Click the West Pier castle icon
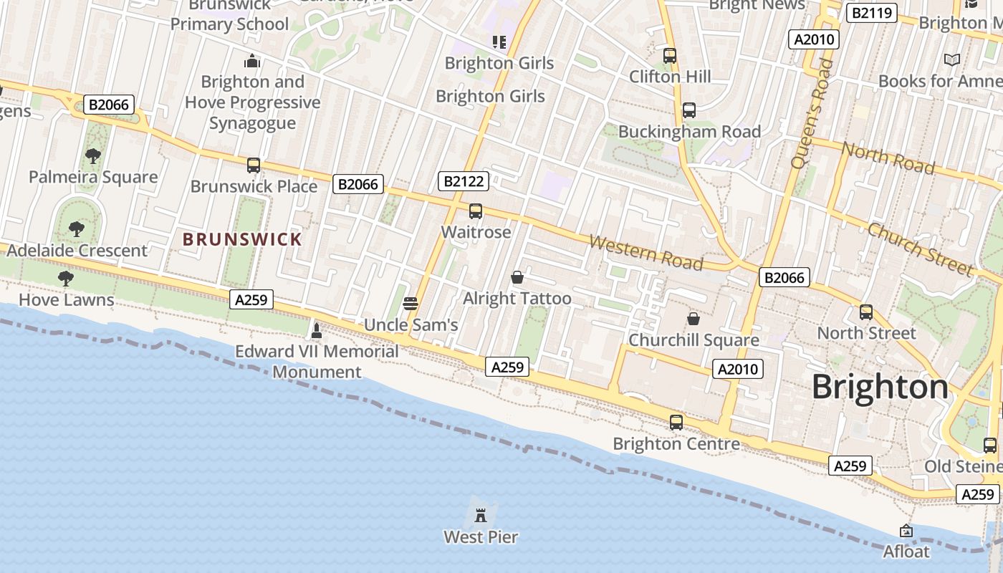click(481, 514)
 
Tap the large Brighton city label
click(880, 387)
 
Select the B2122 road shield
click(464, 181)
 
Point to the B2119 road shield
click(871, 12)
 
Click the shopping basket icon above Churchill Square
click(693, 318)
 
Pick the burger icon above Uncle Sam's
click(411, 303)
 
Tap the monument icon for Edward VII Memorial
click(317, 330)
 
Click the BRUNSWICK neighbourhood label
click(243, 239)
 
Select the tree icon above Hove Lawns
click(66, 278)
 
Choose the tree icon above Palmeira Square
click(92, 155)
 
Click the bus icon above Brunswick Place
click(254, 165)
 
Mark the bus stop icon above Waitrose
click(476, 211)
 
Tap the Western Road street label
click(646, 252)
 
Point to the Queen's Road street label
click(812, 114)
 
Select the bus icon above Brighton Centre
click(676, 423)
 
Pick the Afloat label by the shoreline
click(906, 552)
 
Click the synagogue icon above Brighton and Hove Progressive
click(251, 61)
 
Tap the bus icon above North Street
click(866, 312)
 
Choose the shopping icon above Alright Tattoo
click(517, 277)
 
